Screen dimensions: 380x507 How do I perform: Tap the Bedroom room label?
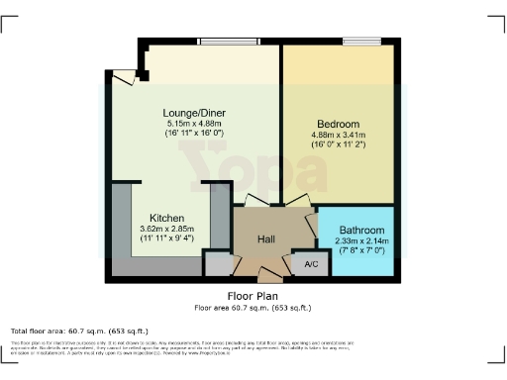(x=340, y=125)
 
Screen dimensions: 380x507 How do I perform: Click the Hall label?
(x=267, y=239)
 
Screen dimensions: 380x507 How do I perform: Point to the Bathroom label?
(x=355, y=231)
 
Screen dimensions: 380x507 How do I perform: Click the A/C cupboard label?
(x=311, y=264)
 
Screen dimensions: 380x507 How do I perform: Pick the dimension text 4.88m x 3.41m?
(x=340, y=135)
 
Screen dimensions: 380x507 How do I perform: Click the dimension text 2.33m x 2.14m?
(x=355, y=240)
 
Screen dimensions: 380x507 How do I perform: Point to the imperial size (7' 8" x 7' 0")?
(x=355, y=249)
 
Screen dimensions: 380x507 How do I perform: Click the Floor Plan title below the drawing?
(x=253, y=296)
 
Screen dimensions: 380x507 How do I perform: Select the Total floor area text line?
(x=79, y=331)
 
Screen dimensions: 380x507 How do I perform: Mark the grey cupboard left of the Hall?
(x=217, y=263)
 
